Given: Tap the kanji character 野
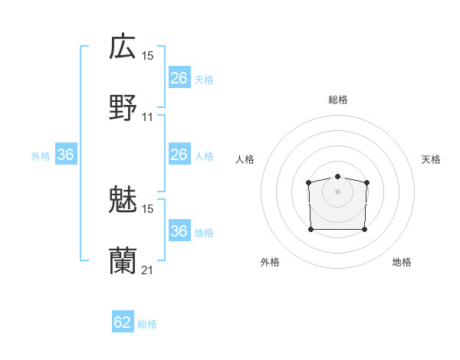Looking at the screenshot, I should pyautogui.click(x=123, y=108).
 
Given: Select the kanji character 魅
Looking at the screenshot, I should pyautogui.click(x=123, y=200).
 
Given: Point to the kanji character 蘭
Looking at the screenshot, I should pyautogui.click(x=123, y=261).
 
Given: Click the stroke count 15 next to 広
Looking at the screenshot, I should pyautogui.click(x=148, y=56).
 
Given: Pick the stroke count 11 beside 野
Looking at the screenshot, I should pyautogui.click(x=148, y=117).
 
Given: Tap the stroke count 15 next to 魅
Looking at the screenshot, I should pyautogui.click(x=148, y=208).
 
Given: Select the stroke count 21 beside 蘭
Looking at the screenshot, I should pyautogui.click(x=148, y=270).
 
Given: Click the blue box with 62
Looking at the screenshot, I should pyautogui.click(x=123, y=322).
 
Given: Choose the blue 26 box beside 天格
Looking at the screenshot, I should pyautogui.click(x=179, y=78).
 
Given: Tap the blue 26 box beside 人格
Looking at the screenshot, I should pyautogui.click(x=179, y=155).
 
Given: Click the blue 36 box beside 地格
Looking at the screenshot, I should pyautogui.click(x=179, y=231).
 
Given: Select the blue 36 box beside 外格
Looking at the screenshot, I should pyautogui.click(x=66, y=155).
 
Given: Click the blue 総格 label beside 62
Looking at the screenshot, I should pyautogui.click(x=147, y=324).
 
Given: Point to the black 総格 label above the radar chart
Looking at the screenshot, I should pyautogui.click(x=337, y=100).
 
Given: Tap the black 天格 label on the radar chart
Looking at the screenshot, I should pyautogui.click(x=432, y=159).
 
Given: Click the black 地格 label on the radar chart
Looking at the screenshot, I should pyautogui.click(x=402, y=262).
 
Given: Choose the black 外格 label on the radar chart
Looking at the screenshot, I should pyautogui.click(x=271, y=262).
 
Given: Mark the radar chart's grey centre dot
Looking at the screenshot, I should pyautogui.click(x=337, y=191).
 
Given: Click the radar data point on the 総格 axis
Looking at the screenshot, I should pyautogui.click(x=337, y=177).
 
